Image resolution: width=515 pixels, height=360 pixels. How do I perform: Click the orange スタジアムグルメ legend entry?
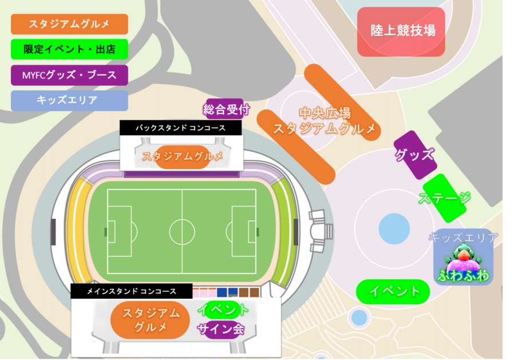click(x=69, y=25)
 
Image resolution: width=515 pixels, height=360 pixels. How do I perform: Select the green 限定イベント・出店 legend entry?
click(x=69, y=49)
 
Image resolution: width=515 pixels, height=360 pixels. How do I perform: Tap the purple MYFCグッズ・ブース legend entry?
click(x=69, y=75)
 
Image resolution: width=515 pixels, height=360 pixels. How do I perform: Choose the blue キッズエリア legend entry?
click(x=69, y=100)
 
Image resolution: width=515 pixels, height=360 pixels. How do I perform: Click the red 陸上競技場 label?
click(x=401, y=31)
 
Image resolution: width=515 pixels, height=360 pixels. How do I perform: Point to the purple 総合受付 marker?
click(x=227, y=109)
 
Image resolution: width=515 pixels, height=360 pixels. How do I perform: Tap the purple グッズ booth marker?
click(x=415, y=155)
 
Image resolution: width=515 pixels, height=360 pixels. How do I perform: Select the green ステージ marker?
click(x=445, y=198)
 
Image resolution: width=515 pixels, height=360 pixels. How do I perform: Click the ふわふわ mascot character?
click(x=462, y=260)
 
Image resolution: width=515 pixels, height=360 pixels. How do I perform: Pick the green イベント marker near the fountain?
click(x=393, y=291)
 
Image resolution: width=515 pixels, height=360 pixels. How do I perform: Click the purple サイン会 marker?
click(x=221, y=329)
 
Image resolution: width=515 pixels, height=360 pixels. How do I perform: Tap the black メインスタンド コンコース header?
click(x=131, y=291)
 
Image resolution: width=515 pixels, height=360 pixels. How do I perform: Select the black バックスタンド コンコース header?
click(x=180, y=128)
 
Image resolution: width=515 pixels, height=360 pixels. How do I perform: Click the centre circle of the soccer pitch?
click(x=182, y=231)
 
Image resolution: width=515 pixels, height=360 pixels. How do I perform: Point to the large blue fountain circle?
click(x=394, y=228)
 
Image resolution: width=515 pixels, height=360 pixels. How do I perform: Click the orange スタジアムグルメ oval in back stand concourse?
click(x=182, y=156)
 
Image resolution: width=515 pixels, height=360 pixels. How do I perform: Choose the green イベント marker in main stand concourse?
click(x=223, y=311)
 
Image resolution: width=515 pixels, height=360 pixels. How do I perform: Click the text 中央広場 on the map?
click(x=324, y=113)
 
